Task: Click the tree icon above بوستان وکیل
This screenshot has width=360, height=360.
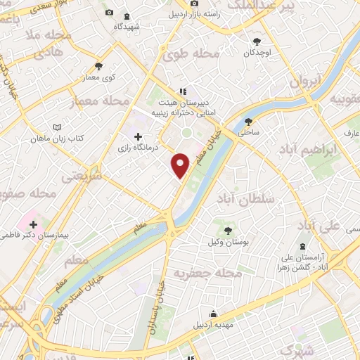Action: pyautogui.click(x=228, y=229)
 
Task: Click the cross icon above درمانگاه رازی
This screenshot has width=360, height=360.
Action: pyautogui.click(x=138, y=136)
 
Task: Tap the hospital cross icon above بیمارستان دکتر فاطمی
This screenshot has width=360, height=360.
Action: pyautogui.click(x=33, y=224)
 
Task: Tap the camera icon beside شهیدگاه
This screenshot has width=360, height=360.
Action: pyautogui.click(x=108, y=13)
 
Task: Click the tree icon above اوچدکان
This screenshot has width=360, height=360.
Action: pyautogui.click(x=257, y=41)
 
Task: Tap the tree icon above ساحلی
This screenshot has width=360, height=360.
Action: pyautogui.click(x=249, y=120)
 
